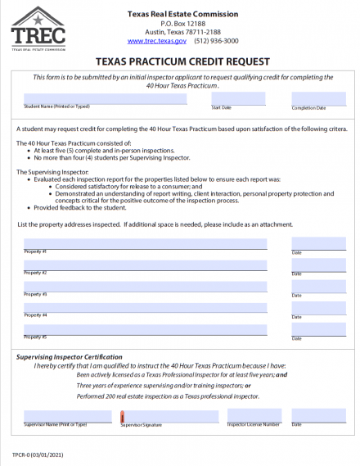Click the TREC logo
(37, 29)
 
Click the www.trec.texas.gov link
(155, 39)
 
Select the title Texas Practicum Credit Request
(178, 60)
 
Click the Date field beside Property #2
(318, 265)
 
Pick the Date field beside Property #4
(318, 307)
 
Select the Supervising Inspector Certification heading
(70, 356)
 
